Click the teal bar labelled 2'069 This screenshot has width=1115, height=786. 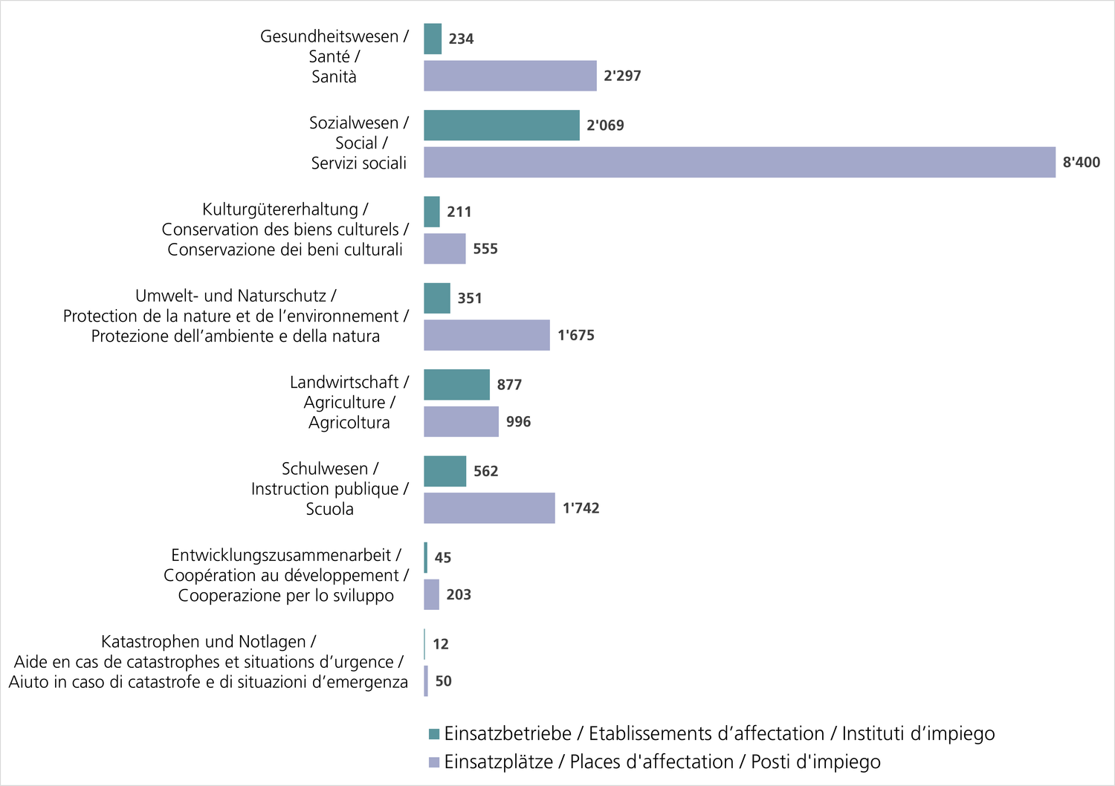tap(502, 126)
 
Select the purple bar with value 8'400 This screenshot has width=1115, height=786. tap(740, 162)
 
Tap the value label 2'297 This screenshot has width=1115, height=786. tap(622, 76)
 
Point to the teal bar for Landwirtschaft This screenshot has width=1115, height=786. tap(457, 385)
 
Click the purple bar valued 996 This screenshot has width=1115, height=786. tap(461, 422)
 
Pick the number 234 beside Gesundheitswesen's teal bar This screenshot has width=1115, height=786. tap(461, 39)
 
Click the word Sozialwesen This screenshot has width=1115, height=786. tap(354, 123)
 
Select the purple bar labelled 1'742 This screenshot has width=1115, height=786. tap(489, 508)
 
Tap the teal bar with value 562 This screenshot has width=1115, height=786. tap(445, 471)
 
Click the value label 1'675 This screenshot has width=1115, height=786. tap(576, 335)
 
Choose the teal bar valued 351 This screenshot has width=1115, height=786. tap(437, 298)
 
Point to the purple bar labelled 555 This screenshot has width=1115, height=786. tap(445, 249)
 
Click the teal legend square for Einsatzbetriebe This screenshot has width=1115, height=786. tap(434, 734)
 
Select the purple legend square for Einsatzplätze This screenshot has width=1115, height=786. tap(434, 762)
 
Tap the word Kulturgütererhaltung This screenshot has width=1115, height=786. tap(280, 210)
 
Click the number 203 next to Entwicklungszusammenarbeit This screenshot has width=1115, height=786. tap(459, 594)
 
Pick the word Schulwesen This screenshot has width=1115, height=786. tap(325, 469)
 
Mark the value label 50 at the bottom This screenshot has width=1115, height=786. tap(443, 681)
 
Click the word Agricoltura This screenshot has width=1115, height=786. tap(349, 423)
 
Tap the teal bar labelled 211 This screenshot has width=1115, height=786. tap(432, 212)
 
